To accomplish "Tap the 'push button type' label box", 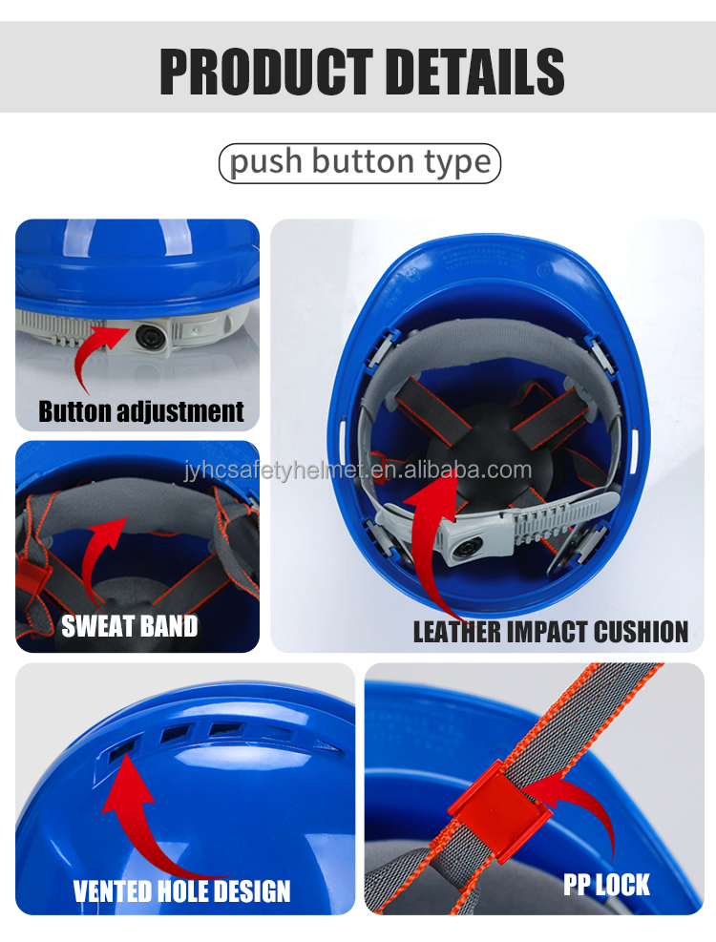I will pyautogui.click(x=360, y=163).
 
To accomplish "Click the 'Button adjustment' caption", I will pyautogui.click(x=141, y=412).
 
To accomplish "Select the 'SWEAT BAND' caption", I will pyautogui.click(x=129, y=627).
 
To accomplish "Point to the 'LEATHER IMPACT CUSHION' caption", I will pyautogui.click(x=550, y=631).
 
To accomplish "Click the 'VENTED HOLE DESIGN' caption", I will pyautogui.click(x=181, y=891).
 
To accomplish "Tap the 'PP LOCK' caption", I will pyautogui.click(x=606, y=885).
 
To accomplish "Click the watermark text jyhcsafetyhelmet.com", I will pyautogui.click(x=358, y=470).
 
